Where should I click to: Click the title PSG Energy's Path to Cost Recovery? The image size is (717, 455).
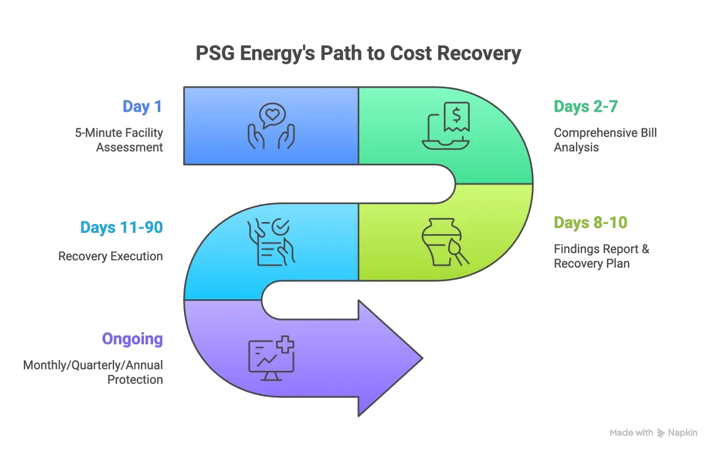point(358,54)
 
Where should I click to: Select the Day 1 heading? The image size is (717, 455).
point(143,107)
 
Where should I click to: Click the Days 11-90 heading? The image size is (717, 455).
point(122,227)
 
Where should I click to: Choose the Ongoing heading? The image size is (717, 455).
point(132,339)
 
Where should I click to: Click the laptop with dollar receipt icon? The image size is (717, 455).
point(445,125)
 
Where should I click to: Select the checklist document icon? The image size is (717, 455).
point(271,242)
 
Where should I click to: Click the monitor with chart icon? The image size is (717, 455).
point(271,358)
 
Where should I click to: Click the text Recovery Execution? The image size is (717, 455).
point(111,257)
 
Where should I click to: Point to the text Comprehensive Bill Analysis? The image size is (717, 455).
point(606,140)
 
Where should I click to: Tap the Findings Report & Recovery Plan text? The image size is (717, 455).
point(602,256)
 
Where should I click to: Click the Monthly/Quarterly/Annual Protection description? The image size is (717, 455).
point(93,372)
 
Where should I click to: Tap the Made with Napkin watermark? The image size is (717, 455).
point(653,433)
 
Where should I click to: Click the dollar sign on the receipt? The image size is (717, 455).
point(455,112)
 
